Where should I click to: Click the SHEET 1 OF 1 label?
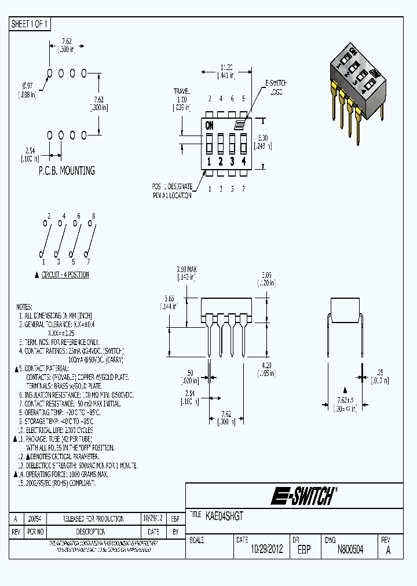[30, 24]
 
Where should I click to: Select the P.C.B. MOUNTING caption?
[66, 171]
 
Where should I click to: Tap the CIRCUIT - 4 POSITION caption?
[65, 275]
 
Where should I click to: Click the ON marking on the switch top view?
[209, 125]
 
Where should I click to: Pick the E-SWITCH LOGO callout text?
[276, 88]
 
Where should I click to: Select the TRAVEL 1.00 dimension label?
[182, 100]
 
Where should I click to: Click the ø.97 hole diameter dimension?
[27, 90]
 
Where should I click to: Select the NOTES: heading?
[24, 306]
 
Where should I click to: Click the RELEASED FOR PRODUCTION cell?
[94, 519]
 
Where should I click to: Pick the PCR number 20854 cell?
[36, 519]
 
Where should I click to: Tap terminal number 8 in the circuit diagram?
[93, 216]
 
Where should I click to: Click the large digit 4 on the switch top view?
[244, 162]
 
